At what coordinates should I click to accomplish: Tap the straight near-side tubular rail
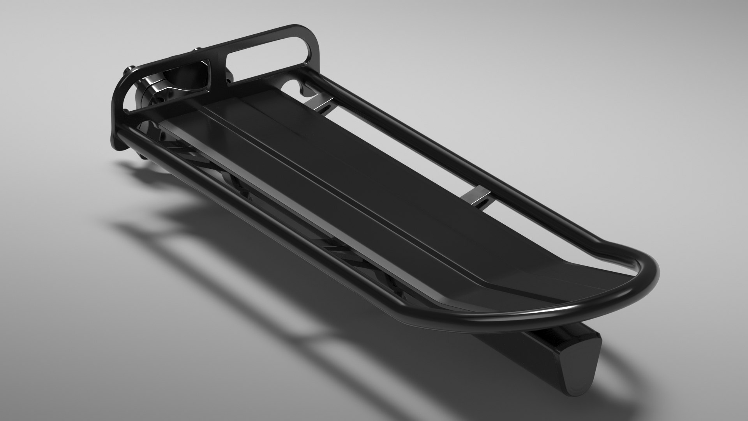pos(273,218)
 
